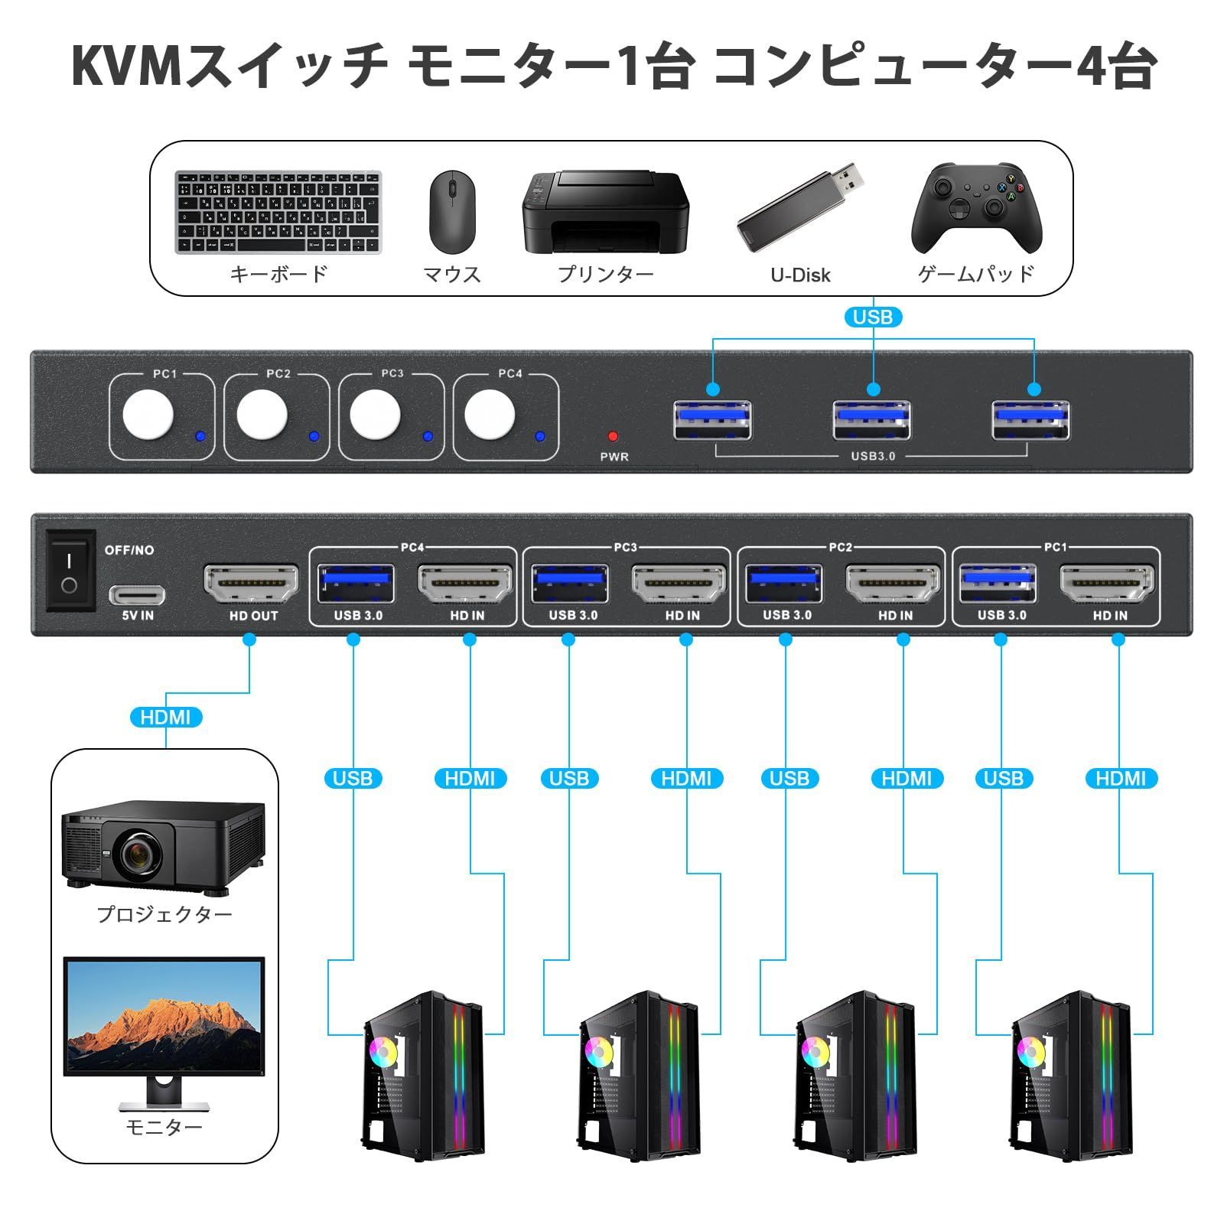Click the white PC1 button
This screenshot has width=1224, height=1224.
148,415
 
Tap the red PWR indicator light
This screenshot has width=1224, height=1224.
613,437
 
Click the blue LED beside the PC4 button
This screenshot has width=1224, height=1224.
540,437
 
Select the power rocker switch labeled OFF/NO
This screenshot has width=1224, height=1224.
70,571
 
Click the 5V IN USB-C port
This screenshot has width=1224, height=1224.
137,594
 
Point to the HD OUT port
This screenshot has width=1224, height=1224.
251,584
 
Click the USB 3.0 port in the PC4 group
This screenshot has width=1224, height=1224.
356,584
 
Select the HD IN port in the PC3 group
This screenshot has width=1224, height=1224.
679,584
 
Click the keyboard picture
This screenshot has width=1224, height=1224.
278,212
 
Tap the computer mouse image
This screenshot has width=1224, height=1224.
451,212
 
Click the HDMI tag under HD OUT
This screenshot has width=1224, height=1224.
165,718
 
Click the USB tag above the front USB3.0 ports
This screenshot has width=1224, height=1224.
872,317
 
